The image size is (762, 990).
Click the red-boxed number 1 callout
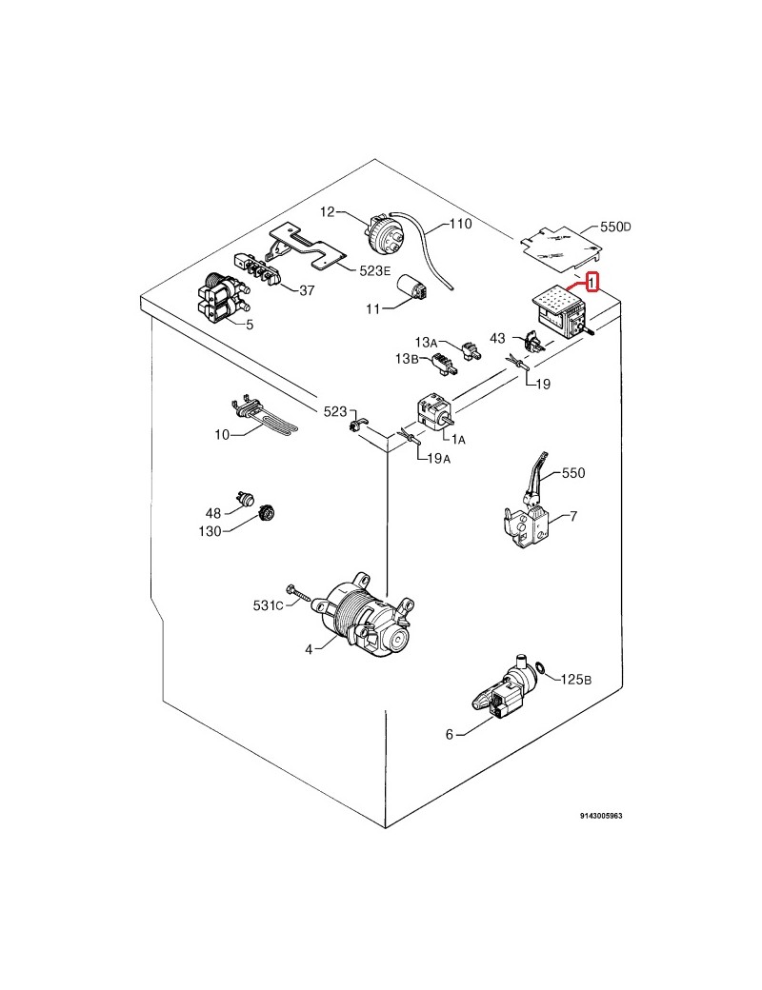[592, 282]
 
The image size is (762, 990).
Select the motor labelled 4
[366, 621]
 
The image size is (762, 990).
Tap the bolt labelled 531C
[298, 596]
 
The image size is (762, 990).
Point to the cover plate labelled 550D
[559, 243]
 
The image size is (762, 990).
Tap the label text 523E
[375, 270]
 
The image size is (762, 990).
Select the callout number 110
[460, 226]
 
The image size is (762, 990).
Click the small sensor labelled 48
[248, 495]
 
